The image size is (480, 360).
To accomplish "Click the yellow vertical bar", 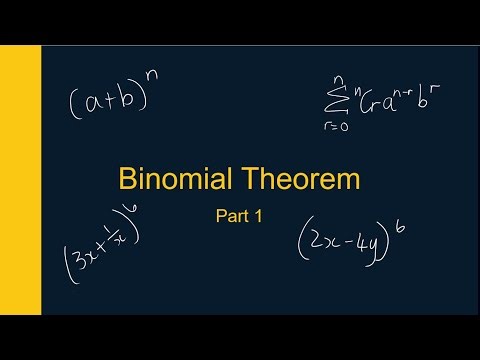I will (20, 180).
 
